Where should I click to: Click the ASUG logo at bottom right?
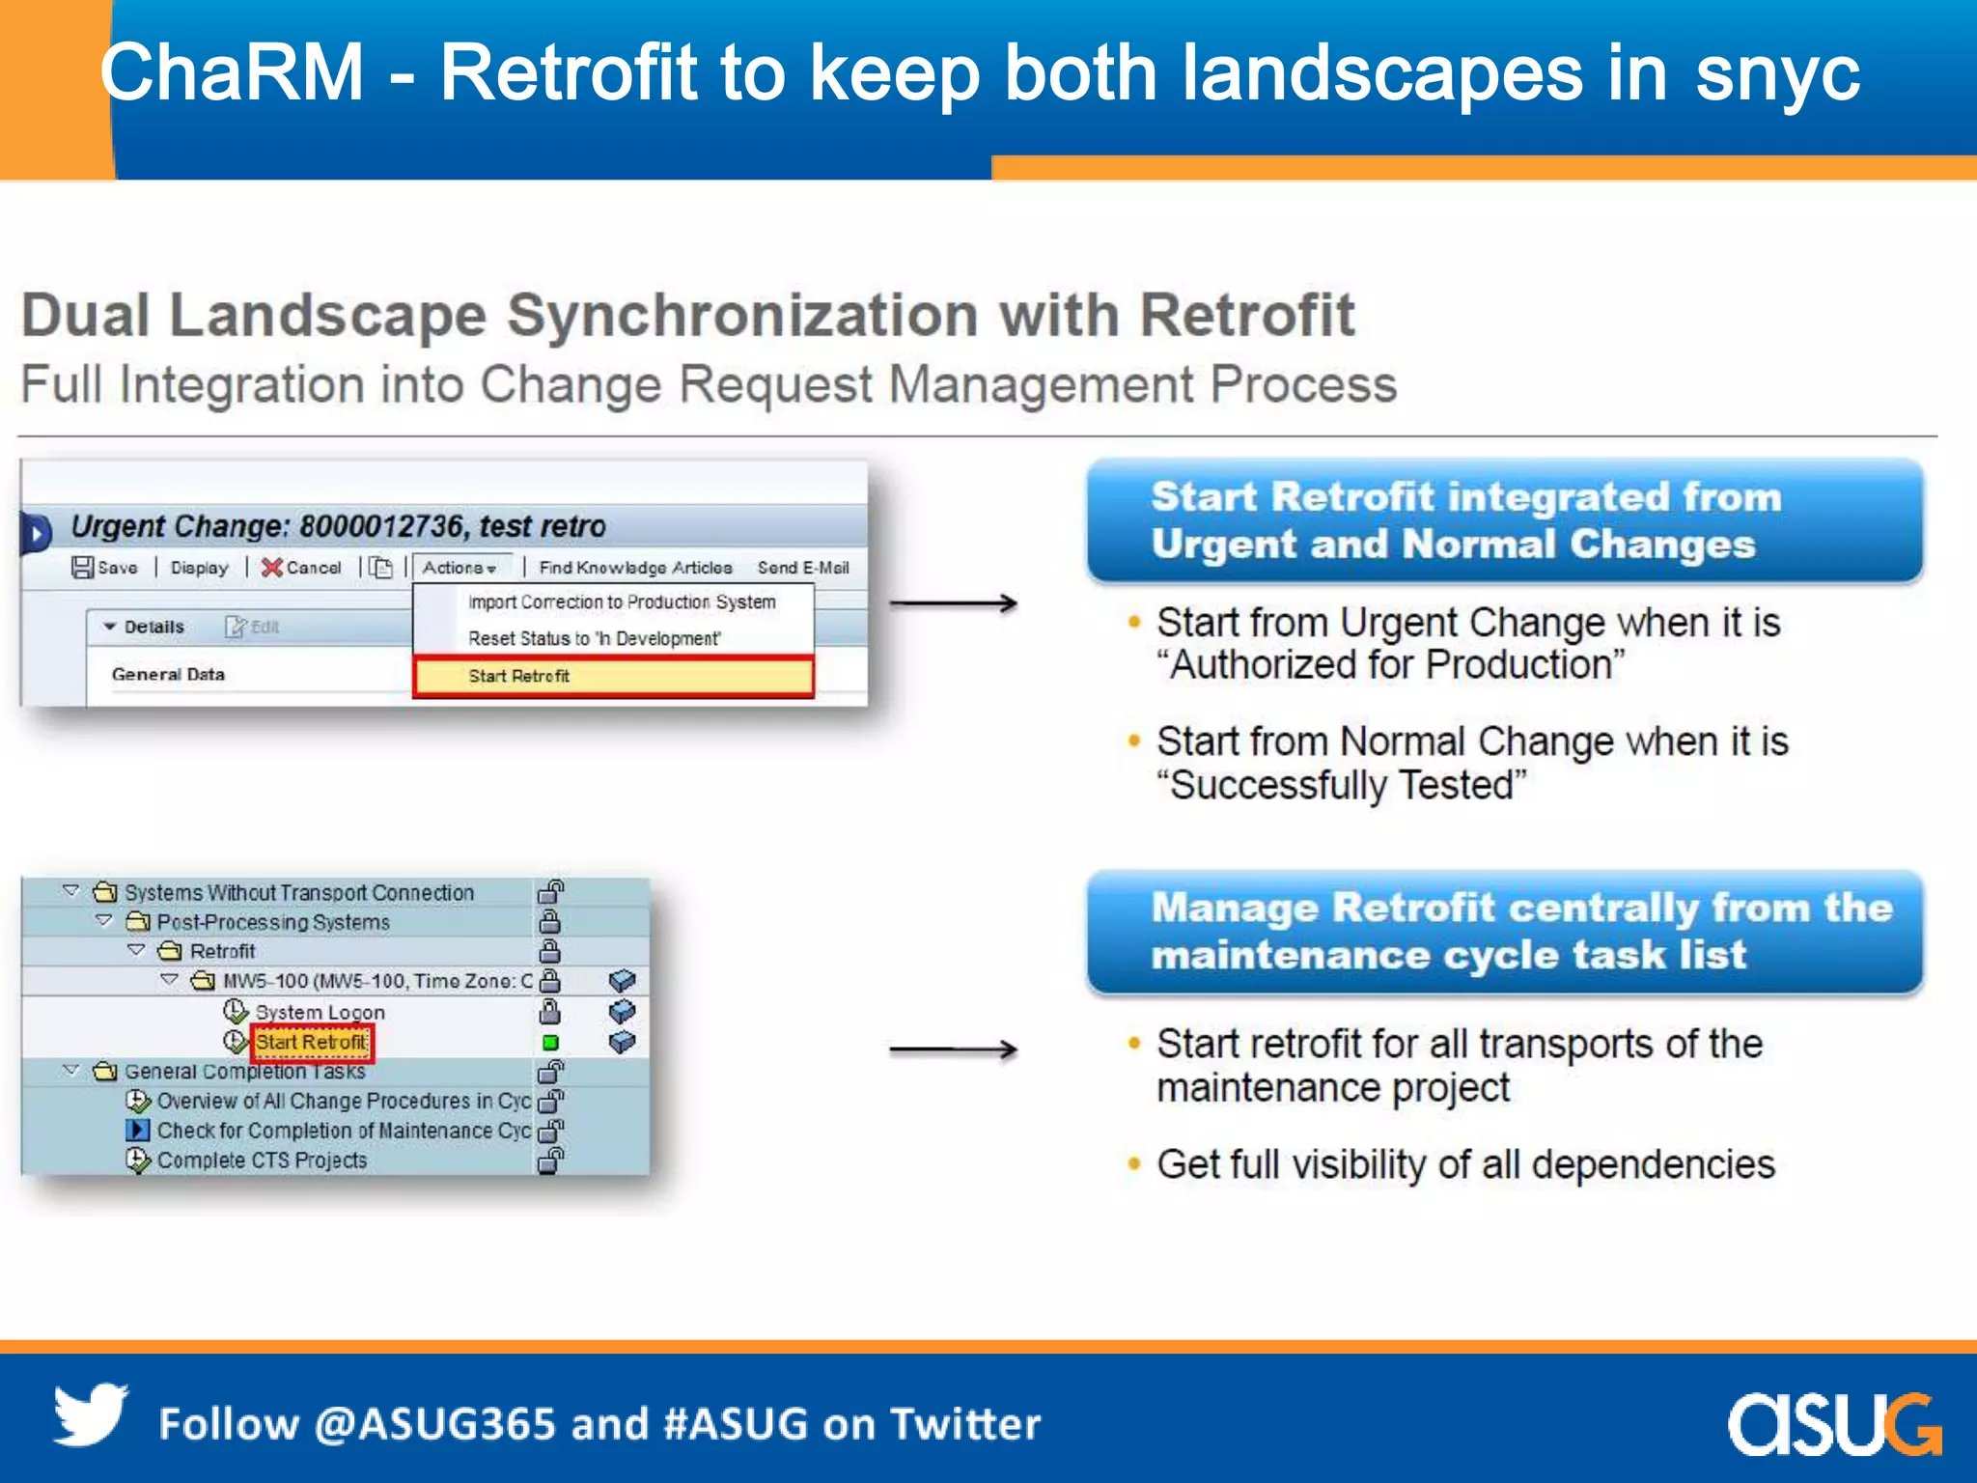1833,1423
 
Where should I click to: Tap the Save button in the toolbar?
105,568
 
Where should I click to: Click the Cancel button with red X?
301,568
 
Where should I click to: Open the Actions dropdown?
459,568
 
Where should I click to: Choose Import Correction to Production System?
622,602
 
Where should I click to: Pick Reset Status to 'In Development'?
594,638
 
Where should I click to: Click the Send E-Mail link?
803,568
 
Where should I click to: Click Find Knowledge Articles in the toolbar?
635,568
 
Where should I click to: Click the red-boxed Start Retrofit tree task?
311,1042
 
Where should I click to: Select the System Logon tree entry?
320,1012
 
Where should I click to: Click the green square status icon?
550,1043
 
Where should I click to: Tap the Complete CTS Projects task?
262,1160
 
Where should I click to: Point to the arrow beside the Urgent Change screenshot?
953,603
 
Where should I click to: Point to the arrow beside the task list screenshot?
953,1049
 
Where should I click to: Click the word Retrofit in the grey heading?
1247,316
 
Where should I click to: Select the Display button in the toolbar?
199,568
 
